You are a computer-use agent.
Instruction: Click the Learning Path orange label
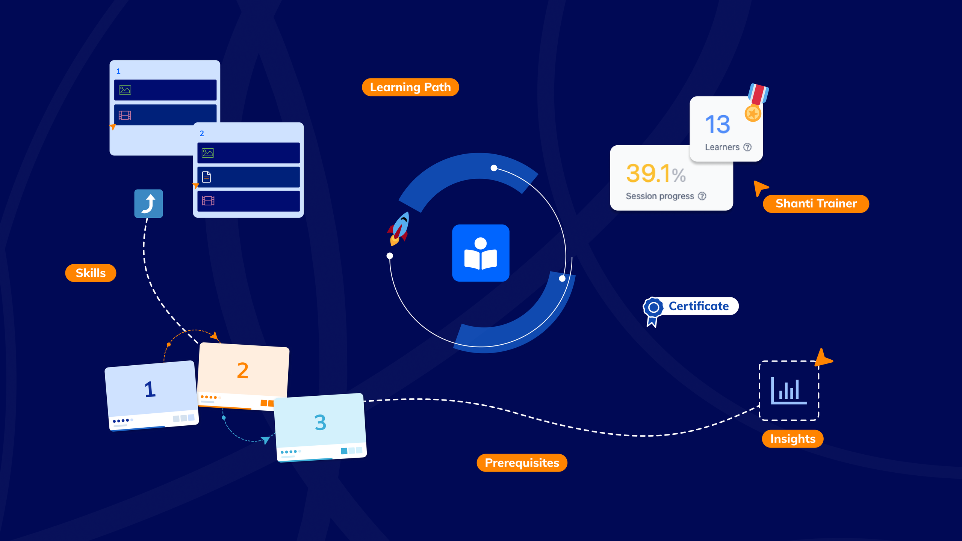pyautogui.click(x=410, y=87)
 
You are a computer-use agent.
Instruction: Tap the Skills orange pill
pyautogui.click(x=91, y=273)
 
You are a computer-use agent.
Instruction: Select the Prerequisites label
pyautogui.click(x=522, y=463)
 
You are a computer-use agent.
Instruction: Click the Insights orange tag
pyautogui.click(x=793, y=439)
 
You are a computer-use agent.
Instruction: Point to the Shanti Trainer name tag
pyautogui.click(x=816, y=203)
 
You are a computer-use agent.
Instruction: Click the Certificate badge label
pyautogui.click(x=699, y=306)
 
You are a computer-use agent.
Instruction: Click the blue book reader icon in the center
pyautogui.click(x=481, y=253)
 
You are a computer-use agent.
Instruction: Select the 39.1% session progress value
pyautogui.click(x=656, y=173)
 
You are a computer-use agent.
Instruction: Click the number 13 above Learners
pyautogui.click(x=718, y=124)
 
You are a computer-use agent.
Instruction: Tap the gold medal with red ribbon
pyautogui.click(x=756, y=103)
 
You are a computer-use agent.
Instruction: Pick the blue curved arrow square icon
pyautogui.click(x=149, y=203)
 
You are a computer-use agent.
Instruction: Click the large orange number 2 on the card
pyautogui.click(x=243, y=371)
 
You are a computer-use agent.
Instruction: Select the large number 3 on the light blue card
pyautogui.click(x=320, y=422)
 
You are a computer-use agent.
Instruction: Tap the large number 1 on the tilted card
pyautogui.click(x=150, y=389)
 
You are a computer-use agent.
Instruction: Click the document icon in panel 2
pyautogui.click(x=206, y=177)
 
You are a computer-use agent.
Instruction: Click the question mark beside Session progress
pyautogui.click(x=702, y=196)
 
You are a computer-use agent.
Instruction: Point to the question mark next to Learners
pyautogui.click(x=747, y=147)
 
